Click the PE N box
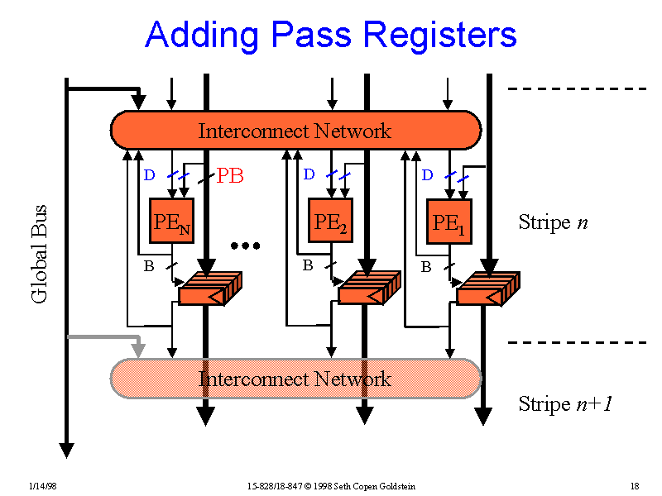tap(171, 222)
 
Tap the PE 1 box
tap(449, 222)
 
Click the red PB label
tap(230, 176)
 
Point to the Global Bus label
tap(39, 253)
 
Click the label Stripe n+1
tap(565, 404)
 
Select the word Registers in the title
tap(439, 36)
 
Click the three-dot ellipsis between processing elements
tap(245, 246)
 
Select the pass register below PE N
tap(209, 288)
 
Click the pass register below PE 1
tap(487, 288)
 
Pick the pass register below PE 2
tap(368, 288)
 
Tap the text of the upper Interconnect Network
tap(295, 131)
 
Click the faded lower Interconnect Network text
tap(295, 379)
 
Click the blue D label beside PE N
tap(149, 175)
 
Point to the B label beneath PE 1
tap(426, 267)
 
